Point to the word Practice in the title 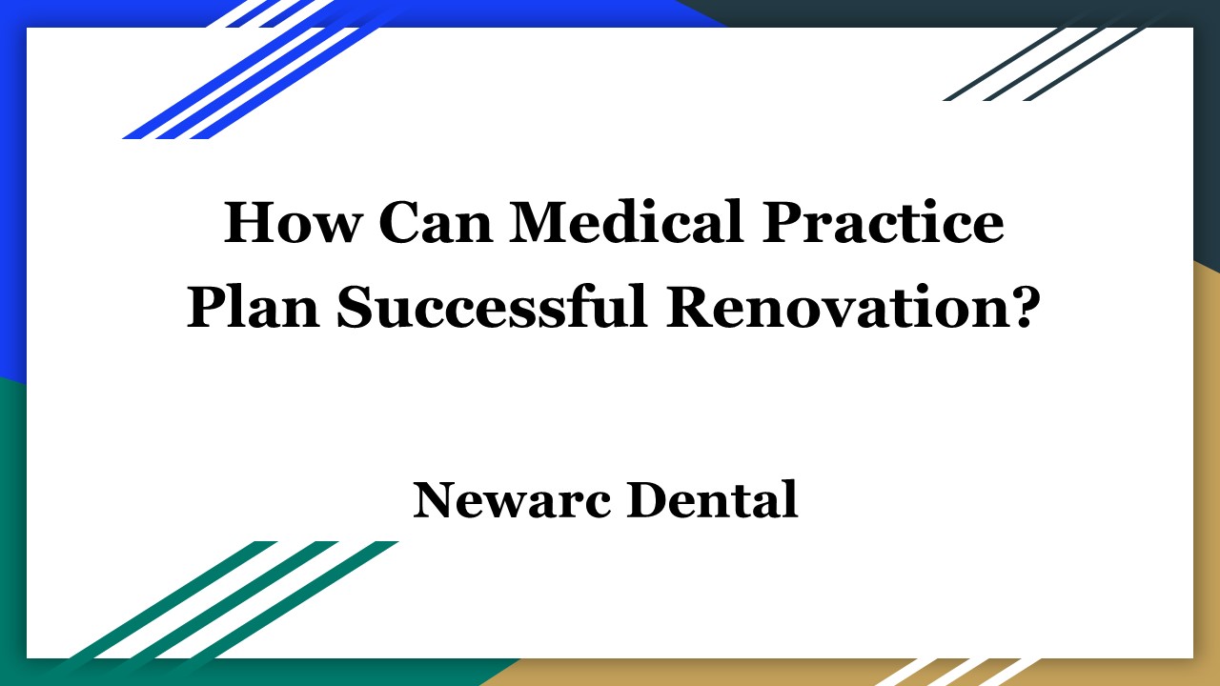[884, 225]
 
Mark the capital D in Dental [649, 500]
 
